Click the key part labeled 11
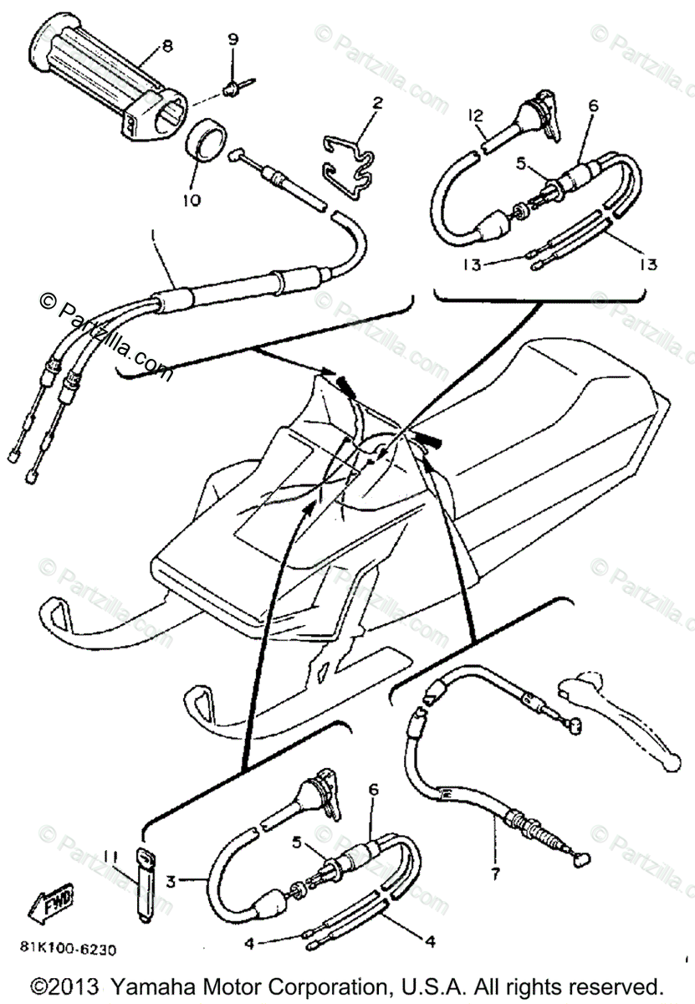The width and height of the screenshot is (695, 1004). pos(146,883)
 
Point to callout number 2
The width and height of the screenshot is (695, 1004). pos(377,104)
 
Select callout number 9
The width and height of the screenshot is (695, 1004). pos(232,39)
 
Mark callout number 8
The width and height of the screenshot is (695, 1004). pos(168,48)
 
